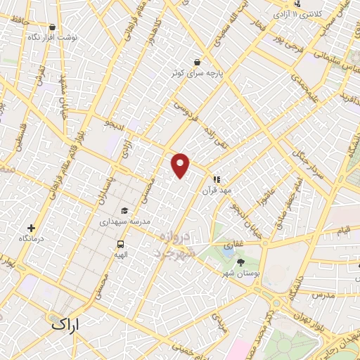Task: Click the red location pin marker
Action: pyautogui.click(x=181, y=165)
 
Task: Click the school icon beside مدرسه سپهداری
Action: pyautogui.click(x=124, y=211)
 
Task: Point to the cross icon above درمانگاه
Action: pyautogui.click(x=31, y=228)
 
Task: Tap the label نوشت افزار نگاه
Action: pyautogui.click(x=53, y=35)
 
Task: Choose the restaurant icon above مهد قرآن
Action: pyautogui.click(x=217, y=180)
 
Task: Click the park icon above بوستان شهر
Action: pyautogui.click(x=241, y=262)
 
